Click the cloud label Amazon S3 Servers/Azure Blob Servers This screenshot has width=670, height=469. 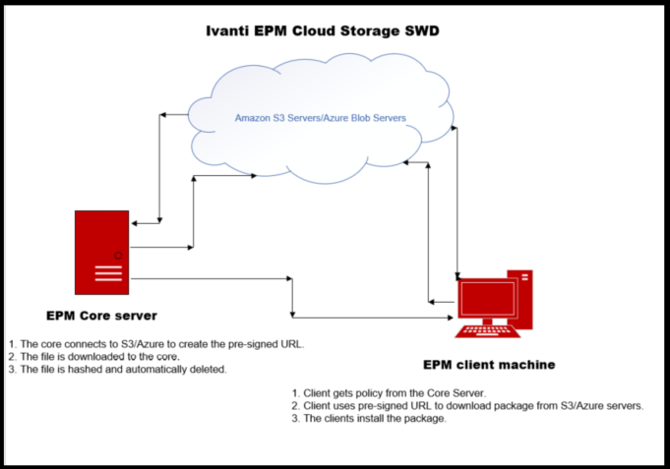(x=320, y=118)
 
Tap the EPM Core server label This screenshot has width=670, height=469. (x=101, y=316)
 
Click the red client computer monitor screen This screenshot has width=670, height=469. (x=486, y=298)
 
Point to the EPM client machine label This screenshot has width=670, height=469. (x=489, y=364)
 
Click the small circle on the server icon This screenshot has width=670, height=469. (x=117, y=256)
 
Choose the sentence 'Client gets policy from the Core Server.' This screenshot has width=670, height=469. (x=402, y=391)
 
